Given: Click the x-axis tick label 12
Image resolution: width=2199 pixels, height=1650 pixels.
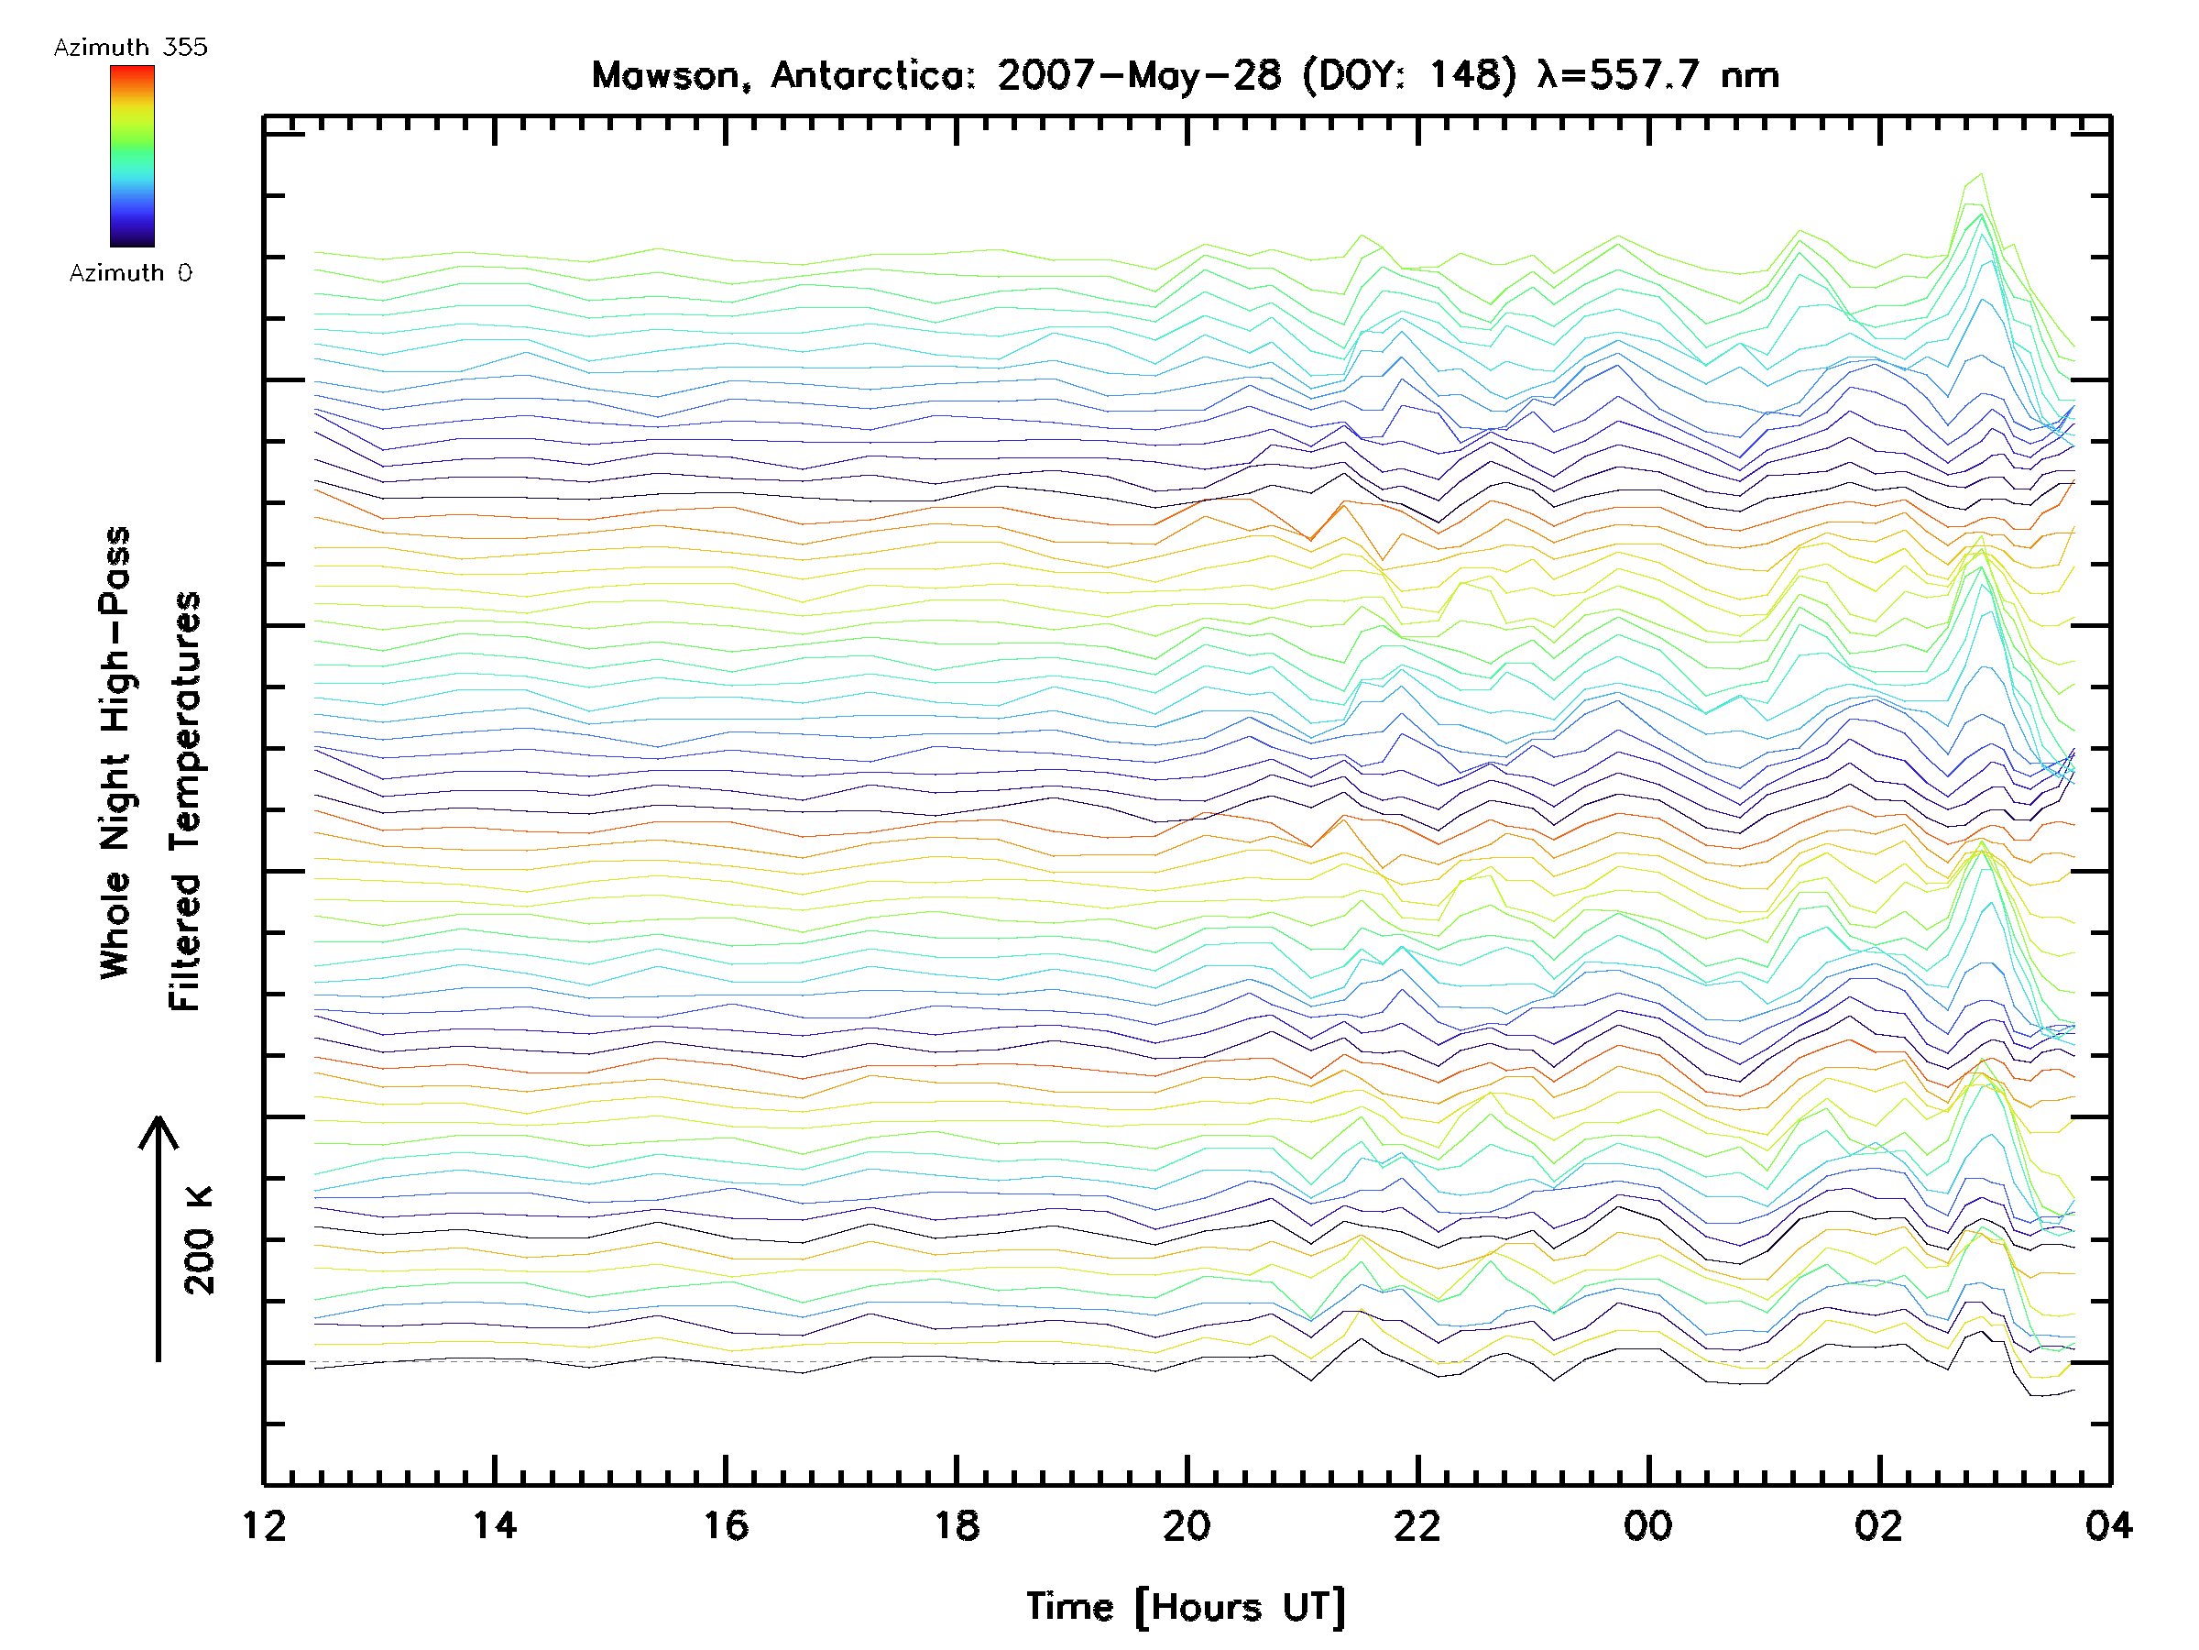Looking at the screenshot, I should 264,1525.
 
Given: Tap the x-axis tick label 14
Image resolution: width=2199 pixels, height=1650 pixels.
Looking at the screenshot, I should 494,1525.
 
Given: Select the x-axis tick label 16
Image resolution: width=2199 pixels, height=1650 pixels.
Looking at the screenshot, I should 726,1525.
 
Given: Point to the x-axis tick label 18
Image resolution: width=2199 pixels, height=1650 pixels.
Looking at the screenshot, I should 957,1525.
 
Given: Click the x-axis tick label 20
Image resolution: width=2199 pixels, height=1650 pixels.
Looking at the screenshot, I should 1187,1525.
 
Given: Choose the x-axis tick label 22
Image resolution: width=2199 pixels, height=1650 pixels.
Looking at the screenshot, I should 1417,1525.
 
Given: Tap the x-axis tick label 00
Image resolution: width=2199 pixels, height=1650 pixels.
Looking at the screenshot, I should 1648,1525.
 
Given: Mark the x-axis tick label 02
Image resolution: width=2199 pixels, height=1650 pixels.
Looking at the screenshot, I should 1879,1525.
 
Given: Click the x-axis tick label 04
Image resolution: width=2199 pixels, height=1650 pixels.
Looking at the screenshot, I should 2108,1525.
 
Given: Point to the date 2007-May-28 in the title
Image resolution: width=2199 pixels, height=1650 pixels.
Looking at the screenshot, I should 1139,75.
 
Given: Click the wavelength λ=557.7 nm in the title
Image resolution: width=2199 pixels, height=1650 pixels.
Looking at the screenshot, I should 1657,75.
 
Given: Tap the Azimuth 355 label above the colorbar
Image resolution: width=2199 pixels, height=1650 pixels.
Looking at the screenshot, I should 130,47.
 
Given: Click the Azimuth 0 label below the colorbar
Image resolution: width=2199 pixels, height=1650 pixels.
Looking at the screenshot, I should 130,272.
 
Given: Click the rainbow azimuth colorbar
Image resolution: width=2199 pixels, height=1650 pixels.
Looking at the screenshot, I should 132,156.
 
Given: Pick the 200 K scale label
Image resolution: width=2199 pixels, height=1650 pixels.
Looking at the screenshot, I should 199,1240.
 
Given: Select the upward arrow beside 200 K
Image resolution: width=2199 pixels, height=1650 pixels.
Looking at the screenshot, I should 159,1238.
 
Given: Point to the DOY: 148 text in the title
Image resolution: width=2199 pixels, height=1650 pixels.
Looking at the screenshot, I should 1410,75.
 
